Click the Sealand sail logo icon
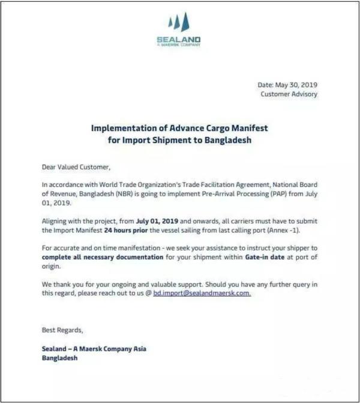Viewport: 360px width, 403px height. (179, 23)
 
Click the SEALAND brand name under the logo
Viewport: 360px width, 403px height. (179, 40)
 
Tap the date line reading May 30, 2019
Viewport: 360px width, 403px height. (287, 85)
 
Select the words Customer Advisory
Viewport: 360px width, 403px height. (289, 94)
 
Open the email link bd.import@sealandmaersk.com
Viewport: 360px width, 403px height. (202, 294)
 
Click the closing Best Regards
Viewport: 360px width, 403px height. (62, 330)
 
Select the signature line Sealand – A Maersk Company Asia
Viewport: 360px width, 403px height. (94, 348)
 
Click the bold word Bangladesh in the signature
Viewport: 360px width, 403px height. (59, 358)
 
